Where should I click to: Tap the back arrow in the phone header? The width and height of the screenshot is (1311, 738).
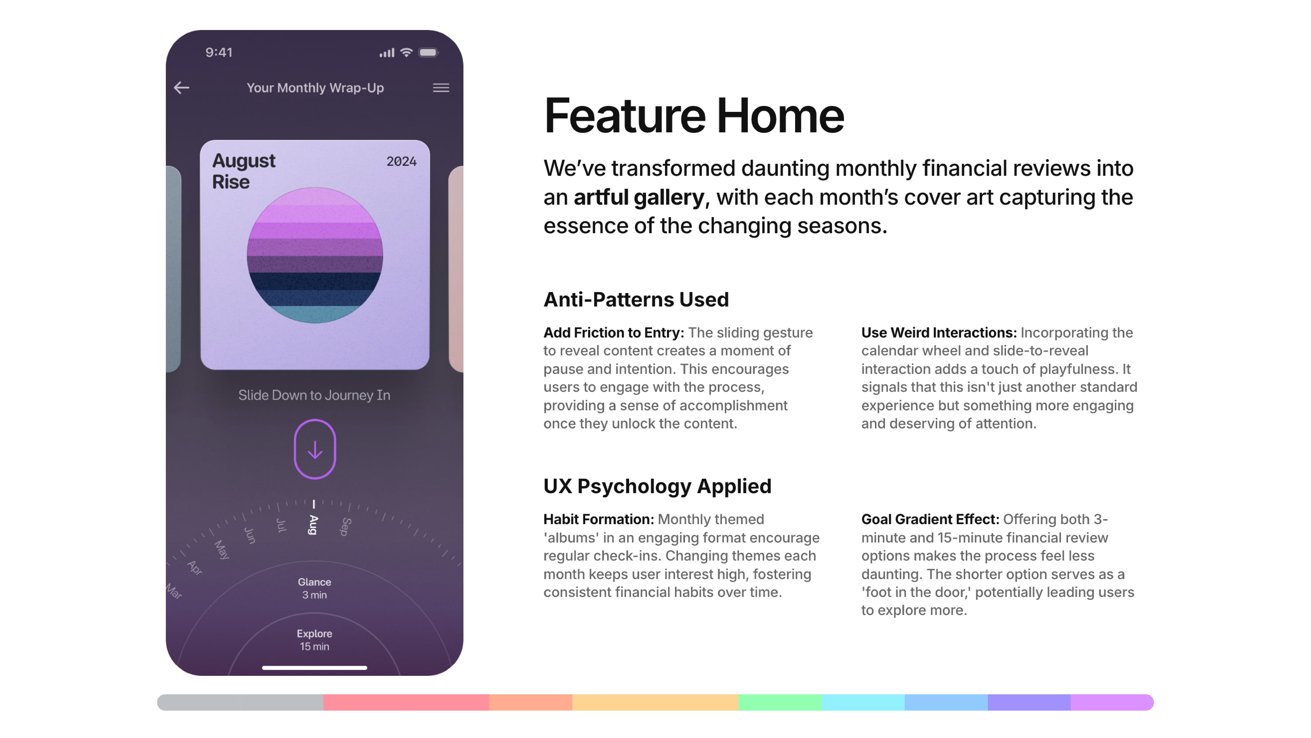(x=182, y=88)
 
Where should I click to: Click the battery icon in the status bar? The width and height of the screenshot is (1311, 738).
(x=428, y=52)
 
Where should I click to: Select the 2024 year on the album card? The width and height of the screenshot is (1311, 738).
(x=401, y=161)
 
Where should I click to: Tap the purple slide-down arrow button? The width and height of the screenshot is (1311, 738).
(x=315, y=449)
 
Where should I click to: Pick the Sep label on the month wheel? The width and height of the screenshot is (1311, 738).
(x=346, y=527)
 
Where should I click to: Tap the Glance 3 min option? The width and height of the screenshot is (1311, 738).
(x=314, y=588)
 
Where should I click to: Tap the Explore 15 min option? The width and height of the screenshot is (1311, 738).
(x=314, y=640)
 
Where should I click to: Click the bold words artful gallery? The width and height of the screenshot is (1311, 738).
(x=639, y=197)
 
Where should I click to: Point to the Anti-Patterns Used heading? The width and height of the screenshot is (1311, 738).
(x=636, y=299)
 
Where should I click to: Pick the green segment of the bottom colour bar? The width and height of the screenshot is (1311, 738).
(x=780, y=702)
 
